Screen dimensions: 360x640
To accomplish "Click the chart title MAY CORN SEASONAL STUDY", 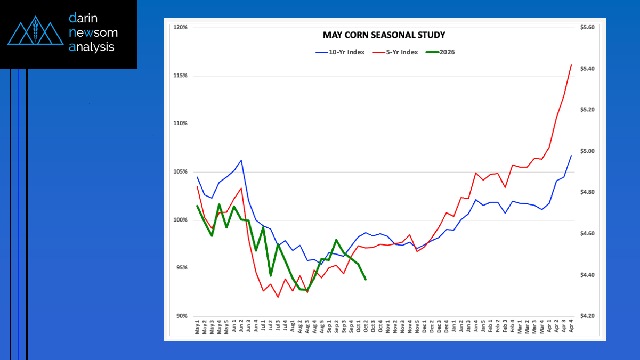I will (384, 35).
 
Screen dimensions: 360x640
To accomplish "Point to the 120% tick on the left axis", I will (180, 27).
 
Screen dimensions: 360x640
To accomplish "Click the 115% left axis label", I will (180, 76).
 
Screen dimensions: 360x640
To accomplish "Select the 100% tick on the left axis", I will (180, 220).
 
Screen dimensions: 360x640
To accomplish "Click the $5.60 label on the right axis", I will (587, 27).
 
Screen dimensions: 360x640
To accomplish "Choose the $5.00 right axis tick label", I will (587, 151).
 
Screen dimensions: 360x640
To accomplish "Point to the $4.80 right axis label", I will (587, 192).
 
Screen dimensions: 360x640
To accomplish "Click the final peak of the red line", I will (571, 65).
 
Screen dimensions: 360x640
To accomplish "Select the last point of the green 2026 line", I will (366, 279).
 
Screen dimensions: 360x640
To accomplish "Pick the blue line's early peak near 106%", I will (241, 160).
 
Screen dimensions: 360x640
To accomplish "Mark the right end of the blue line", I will (571, 156).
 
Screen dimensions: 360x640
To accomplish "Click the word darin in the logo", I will (84, 19).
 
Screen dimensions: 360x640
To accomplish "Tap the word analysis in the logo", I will (92, 47).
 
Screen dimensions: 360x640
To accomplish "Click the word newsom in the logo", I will (93, 32).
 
